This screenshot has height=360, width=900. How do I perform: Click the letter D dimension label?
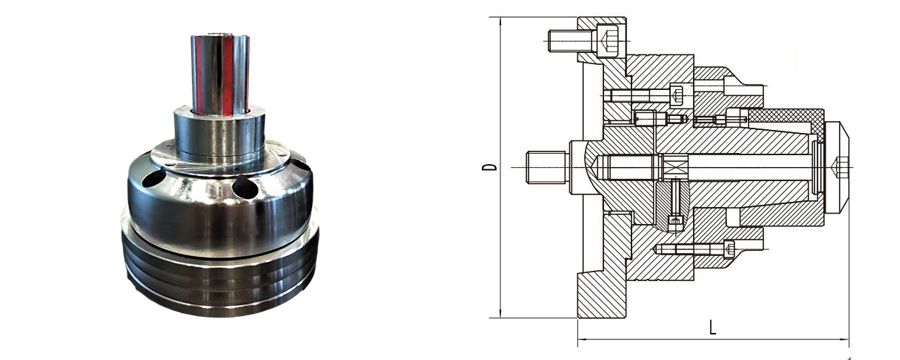click(490, 167)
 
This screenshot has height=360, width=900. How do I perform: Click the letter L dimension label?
click(712, 328)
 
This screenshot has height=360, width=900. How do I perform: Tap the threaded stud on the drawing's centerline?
click(548, 167)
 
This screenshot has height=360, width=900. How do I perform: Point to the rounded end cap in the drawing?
click(837, 167)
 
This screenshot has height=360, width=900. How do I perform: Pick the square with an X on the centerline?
click(672, 167)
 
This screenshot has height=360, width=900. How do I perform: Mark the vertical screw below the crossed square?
click(675, 204)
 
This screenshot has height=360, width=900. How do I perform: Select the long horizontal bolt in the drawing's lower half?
click(695, 249)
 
